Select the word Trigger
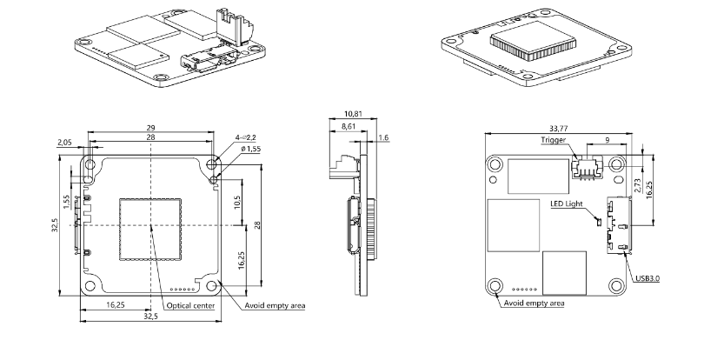point(554,139)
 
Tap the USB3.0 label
point(648,278)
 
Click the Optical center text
point(191,305)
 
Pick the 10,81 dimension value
point(354,113)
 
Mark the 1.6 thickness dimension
point(385,137)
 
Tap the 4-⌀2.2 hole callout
point(245,137)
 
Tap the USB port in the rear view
point(619,229)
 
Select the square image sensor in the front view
point(149,228)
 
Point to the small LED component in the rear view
point(597,220)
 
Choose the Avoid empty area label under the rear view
point(533,303)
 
